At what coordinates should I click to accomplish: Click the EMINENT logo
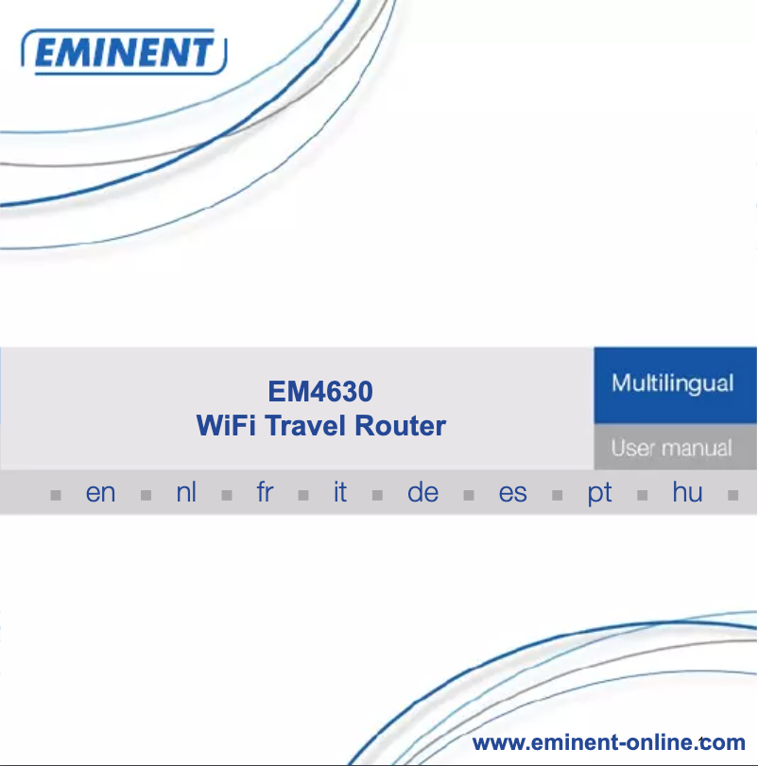pyautogui.click(x=124, y=52)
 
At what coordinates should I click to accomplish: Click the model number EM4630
pyautogui.click(x=320, y=391)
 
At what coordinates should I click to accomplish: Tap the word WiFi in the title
pyautogui.click(x=226, y=425)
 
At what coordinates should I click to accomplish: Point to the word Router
pyautogui.click(x=400, y=425)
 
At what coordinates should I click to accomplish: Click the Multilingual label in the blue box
pyautogui.click(x=673, y=383)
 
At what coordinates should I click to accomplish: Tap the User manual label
pyautogui.click(x=671, y=448)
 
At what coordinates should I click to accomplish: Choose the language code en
pyautogui.click(x=100, y=492)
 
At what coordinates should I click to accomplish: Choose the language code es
pyautogui.click(x=512, y=492)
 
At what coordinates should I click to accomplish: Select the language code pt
pyautogui.click(x=599, y=493)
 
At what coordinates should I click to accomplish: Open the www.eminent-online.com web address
pyautogui.click(x=609, y=742)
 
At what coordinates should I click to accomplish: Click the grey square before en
pyautogui.click(x=56, y=495)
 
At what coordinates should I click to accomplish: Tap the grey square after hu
pyautogui.click(x=733, y=495)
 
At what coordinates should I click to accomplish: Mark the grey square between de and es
pyautogui.click(x=469, y=495)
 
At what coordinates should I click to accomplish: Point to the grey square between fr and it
pyautogui.click(x=303, y=495)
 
